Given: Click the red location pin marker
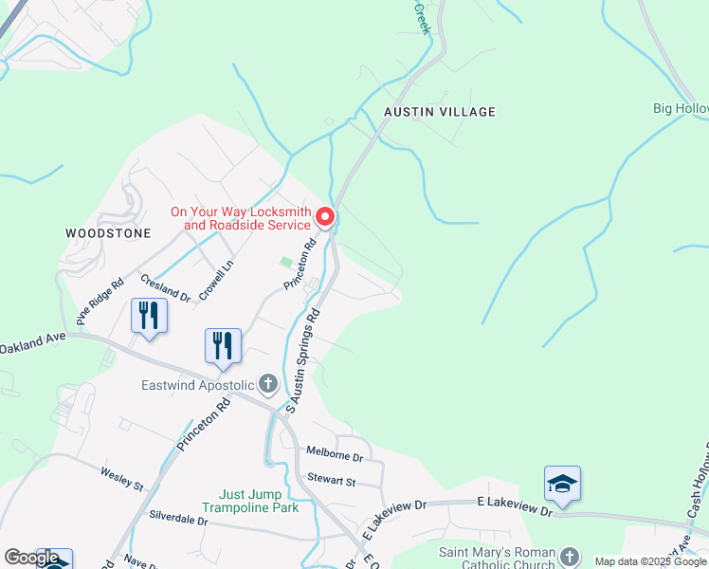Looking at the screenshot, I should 324,218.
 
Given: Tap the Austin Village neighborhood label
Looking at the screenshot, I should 439,112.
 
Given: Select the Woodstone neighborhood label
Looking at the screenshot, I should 96,231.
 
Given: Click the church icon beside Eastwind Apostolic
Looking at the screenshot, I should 268,384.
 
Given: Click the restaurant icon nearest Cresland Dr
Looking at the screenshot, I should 149,315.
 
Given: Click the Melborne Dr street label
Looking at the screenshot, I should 335,456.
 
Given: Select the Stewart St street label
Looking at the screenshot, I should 330,482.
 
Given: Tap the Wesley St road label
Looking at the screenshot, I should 122,479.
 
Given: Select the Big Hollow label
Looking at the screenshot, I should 680,108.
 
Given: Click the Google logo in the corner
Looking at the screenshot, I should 31,557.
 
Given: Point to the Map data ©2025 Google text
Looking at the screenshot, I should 650,561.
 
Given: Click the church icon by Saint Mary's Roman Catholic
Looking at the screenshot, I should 569,557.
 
